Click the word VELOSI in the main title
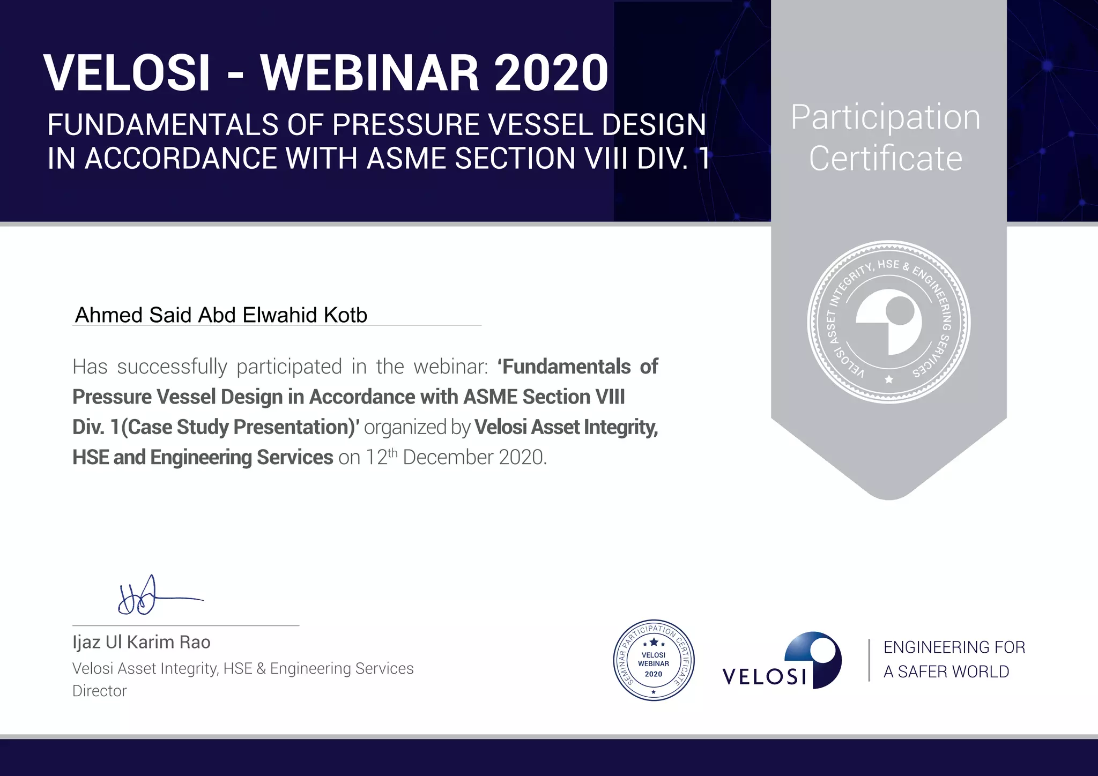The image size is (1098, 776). [127, 73]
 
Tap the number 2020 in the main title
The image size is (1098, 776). [551, 73]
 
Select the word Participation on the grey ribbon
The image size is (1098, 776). [885, 117]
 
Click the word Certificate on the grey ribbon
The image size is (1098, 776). [886, 159]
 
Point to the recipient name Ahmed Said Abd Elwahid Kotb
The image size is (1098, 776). [221, 315]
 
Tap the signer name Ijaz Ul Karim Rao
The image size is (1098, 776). [142, 642]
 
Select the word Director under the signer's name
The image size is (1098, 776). [100, 691]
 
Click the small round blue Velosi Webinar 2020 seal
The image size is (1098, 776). [654, 660]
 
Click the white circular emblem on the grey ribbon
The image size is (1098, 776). [889, 322]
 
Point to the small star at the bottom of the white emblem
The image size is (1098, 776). [889, 379]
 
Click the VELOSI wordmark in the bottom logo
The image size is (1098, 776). [765, 676]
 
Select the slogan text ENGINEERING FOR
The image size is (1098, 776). [954, 647]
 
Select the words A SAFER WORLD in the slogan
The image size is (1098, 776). [946, 671]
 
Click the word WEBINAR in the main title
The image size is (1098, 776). [370, 73]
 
